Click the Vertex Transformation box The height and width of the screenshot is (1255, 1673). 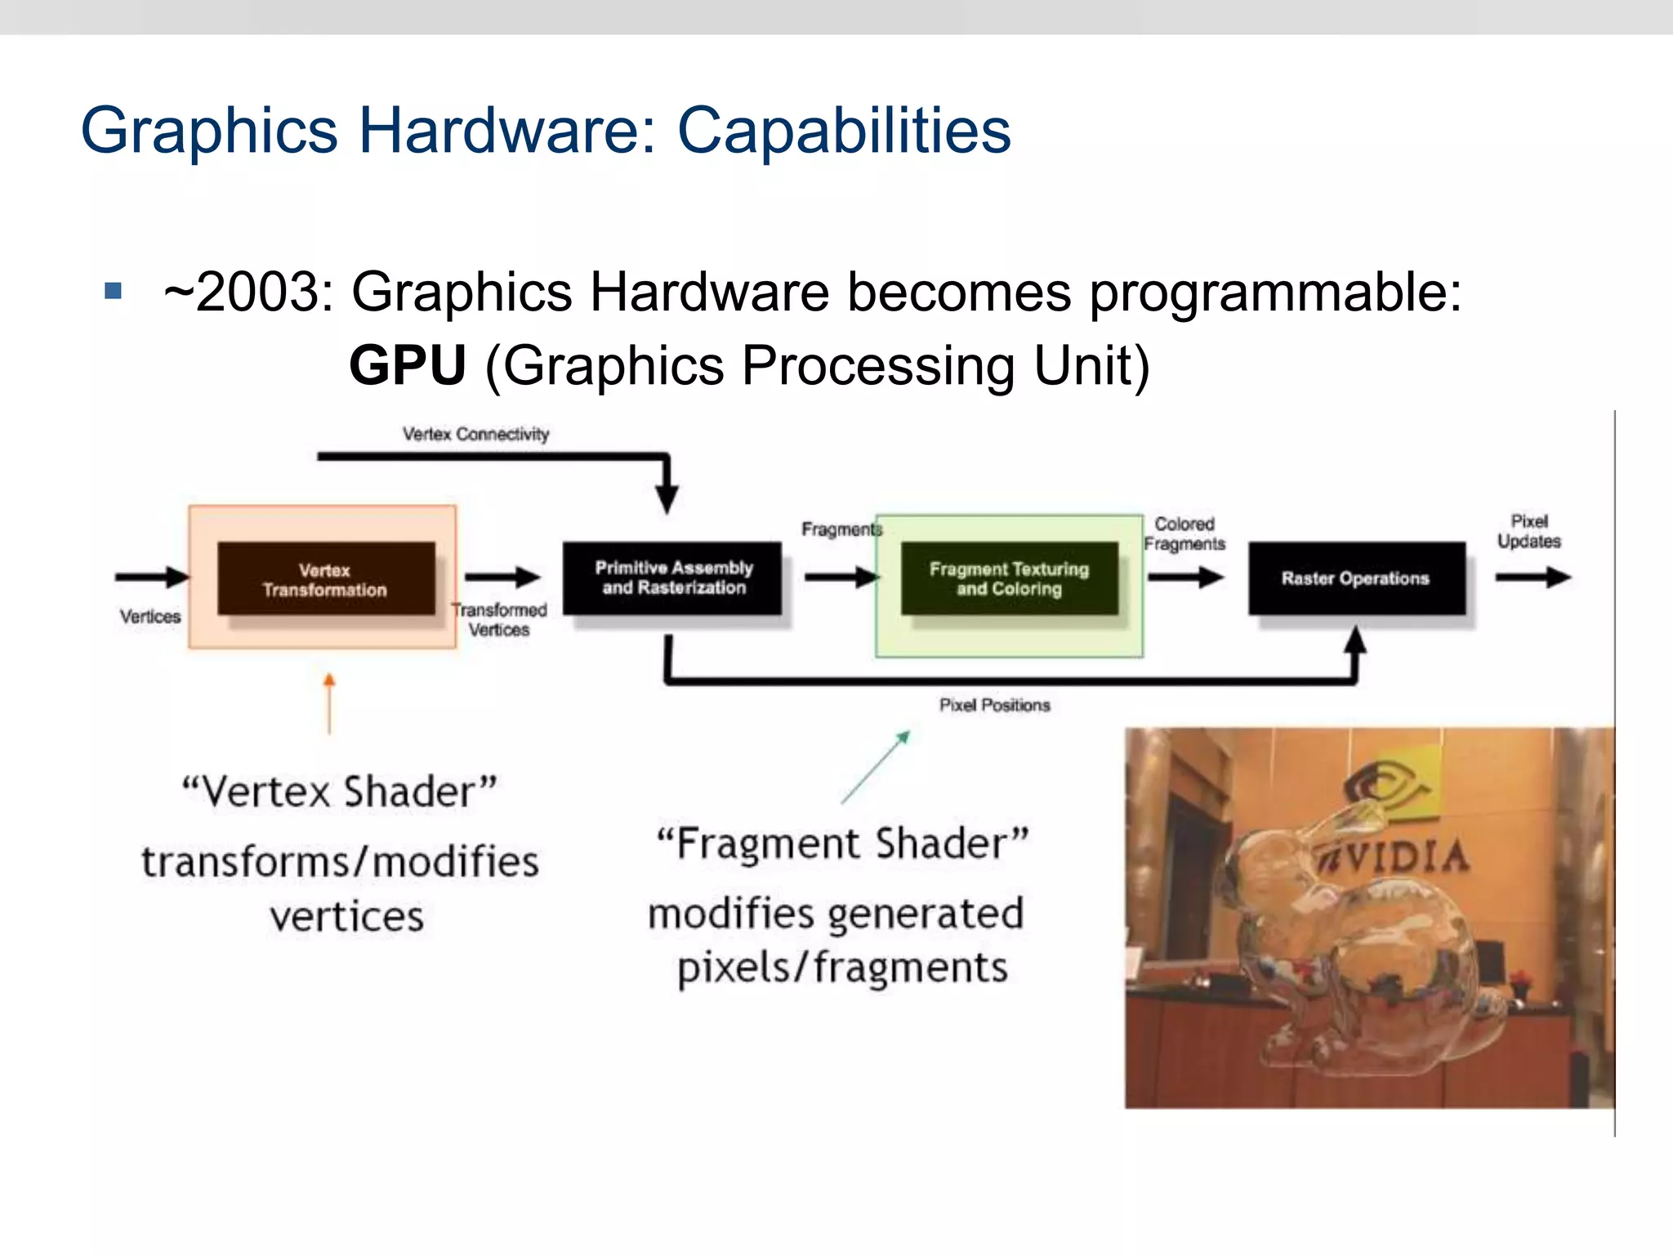pos(325,578)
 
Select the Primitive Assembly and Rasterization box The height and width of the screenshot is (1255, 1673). pos(672,578)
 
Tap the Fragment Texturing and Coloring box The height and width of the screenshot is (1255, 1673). pos(1009,578)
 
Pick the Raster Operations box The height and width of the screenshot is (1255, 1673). pos(1356,578)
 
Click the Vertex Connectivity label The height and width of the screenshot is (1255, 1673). pos(475,434)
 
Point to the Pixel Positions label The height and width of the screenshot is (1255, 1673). pos(994,705)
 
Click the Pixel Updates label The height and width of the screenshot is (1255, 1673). pos(1528,531)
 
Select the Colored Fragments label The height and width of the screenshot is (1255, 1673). pos(1184,534)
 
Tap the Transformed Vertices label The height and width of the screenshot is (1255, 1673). pos(499,619)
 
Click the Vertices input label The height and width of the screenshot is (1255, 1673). pos(150,616)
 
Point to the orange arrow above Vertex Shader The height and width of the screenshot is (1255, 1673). pos(329,703)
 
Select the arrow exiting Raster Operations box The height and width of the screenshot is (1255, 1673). pos(1532,578)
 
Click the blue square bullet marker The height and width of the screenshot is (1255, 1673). pos(114,291)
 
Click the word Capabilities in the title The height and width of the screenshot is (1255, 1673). pos(844,131)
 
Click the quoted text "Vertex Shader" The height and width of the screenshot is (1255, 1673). pos(339,791)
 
